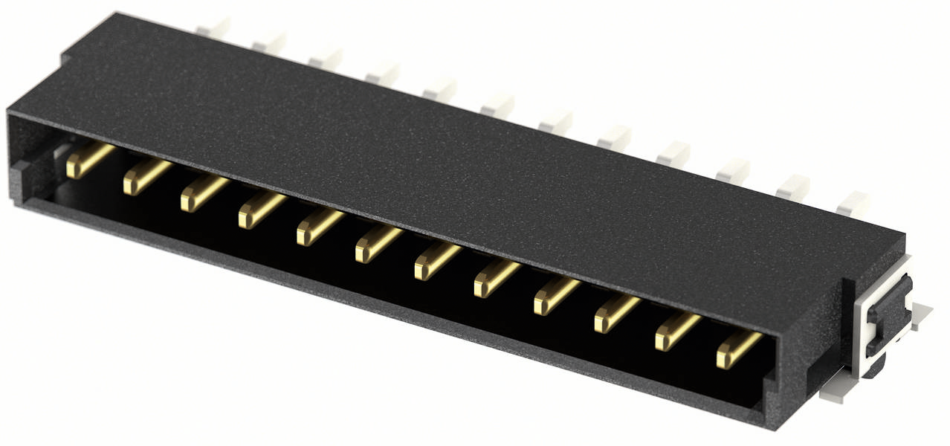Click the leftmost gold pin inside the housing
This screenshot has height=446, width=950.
[x=88, y=161]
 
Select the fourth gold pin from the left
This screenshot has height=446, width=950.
[x=260, y=211]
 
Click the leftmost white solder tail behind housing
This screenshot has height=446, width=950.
[x=213, y=29]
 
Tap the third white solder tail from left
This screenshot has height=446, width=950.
[x=326, y=59]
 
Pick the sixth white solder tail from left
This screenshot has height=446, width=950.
[x=497, y=105]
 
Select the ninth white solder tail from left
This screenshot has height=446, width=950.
[x=673, y=153]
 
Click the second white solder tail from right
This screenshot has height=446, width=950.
[x=792, y=187]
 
